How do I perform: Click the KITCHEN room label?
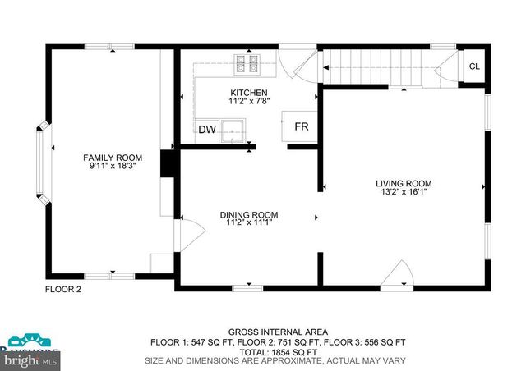point(248,92)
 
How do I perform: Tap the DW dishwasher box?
point(206,129)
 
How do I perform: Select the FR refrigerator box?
point(302,126)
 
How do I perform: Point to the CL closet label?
point(474,66)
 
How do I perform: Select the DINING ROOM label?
point(248,214)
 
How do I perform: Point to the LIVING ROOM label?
point(404,183)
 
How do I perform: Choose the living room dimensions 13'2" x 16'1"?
point(404,192)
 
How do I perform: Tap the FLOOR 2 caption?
point(62,289)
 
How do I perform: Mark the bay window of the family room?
point(42,165)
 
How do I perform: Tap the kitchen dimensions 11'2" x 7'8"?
point(248,101)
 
